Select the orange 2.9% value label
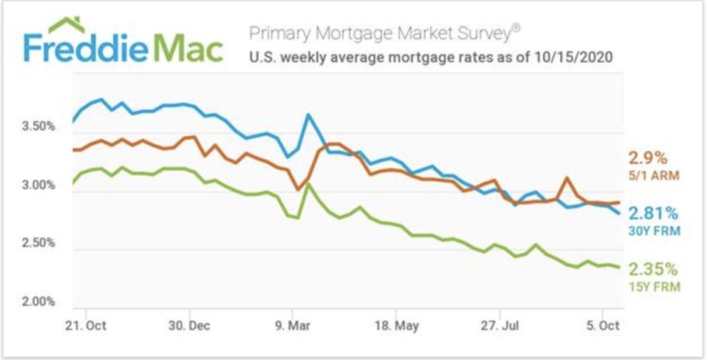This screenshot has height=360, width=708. coord(647,157)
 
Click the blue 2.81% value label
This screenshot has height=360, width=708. coord(653,214)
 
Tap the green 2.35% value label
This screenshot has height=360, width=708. coord(653,269)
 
